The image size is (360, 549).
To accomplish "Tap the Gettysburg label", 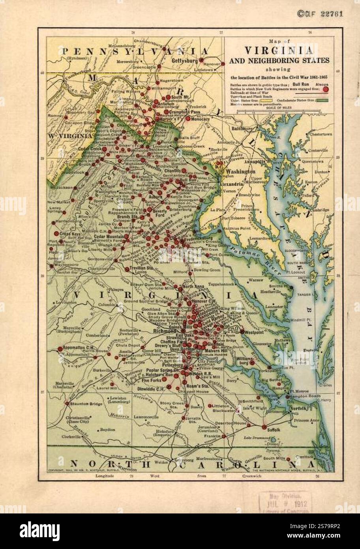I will pyautogui.click(x=185, y=61).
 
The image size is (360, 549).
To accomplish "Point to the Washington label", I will pyautogui.click(x=240, y=172).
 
